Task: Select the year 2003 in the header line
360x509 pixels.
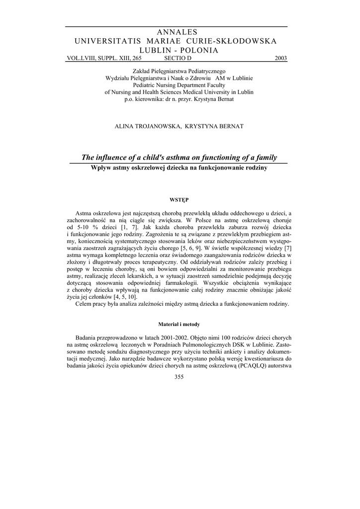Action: coord(280,58)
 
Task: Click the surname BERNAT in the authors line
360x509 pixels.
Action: coord(229,126)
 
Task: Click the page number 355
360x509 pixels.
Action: coord(180,377)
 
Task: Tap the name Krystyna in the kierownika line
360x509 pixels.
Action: coord(201,99)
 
